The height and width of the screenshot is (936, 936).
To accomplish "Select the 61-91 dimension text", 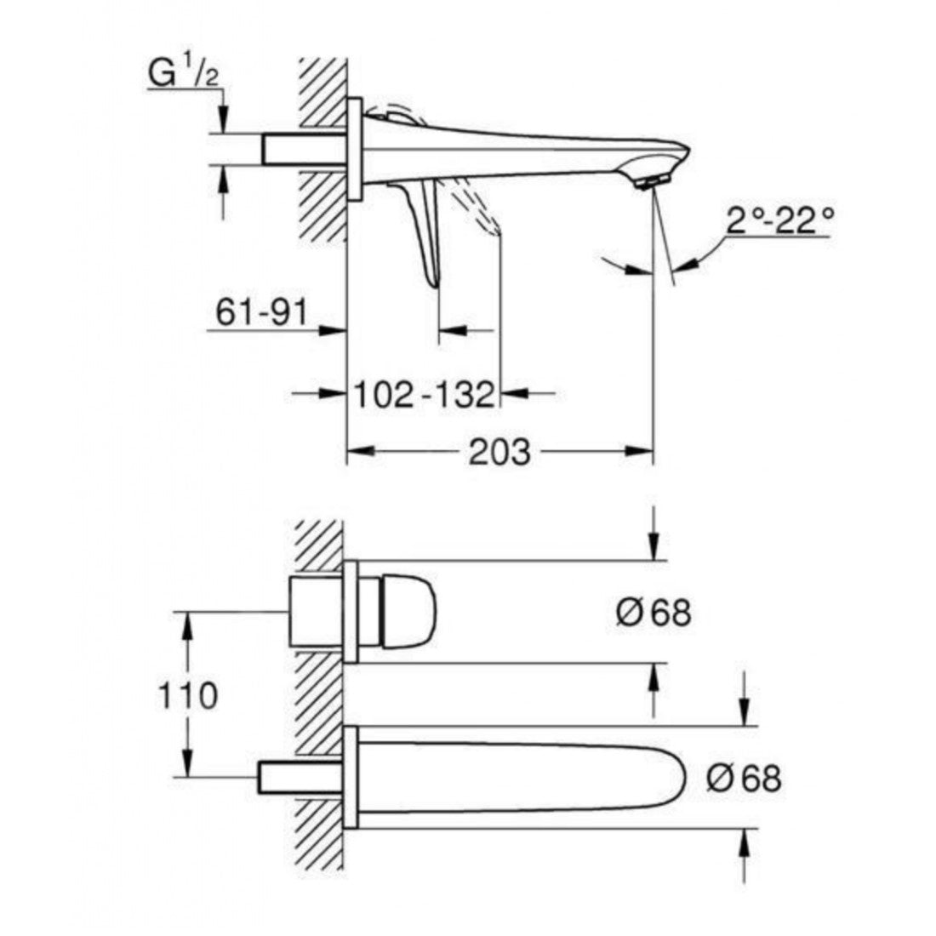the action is [261, 311].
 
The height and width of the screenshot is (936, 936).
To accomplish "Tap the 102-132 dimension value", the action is [425, 394].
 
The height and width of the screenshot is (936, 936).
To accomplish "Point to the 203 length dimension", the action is [499, 452].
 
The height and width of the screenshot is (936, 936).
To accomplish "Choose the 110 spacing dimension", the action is [187, 695].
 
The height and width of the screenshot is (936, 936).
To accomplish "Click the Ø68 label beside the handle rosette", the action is [653, 613].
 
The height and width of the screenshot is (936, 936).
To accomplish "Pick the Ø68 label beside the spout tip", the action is [744, 778].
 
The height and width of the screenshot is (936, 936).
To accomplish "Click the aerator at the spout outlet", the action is [653, 181].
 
